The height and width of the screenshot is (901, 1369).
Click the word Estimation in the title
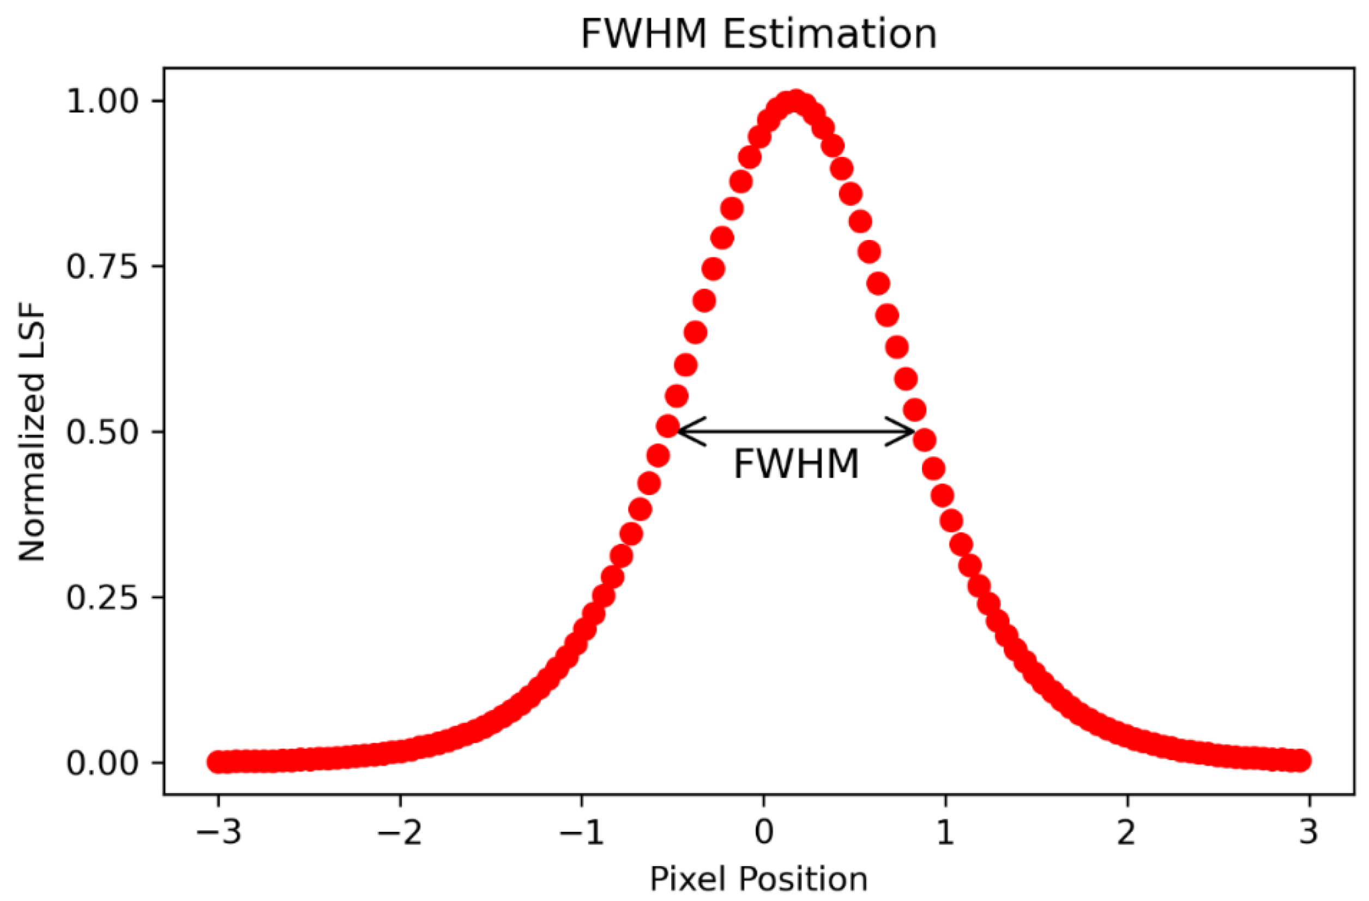[x=830, y=34]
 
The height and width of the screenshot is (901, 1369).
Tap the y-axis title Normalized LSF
[x=32, y=433]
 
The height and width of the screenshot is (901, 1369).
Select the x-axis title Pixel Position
[x=759, y=879]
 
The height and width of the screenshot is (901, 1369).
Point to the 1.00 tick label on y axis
[x=103, y=102]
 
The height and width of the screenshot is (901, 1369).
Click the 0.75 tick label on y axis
[x=103, y=267]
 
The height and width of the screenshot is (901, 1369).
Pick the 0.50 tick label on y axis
[x=103, y=432]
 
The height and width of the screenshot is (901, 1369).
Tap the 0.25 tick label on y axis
[x=103, y=598]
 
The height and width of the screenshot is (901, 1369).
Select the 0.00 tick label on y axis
[x=103, y=764]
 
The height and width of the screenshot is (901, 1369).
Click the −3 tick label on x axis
[x=219, y=832]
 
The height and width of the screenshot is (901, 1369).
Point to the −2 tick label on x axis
[x=400, y=832]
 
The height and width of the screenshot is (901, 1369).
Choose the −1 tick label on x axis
[x=582, y=832]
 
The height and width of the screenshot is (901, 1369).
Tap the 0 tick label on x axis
[x=764, y=832]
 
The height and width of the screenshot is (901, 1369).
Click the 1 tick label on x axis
[x=945, y=832]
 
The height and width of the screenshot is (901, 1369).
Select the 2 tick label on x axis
[x=1127, y=832]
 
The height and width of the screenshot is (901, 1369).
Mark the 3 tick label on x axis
[x=1308, y=832]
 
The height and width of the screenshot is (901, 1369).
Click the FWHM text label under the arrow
[x=797, y=464]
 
